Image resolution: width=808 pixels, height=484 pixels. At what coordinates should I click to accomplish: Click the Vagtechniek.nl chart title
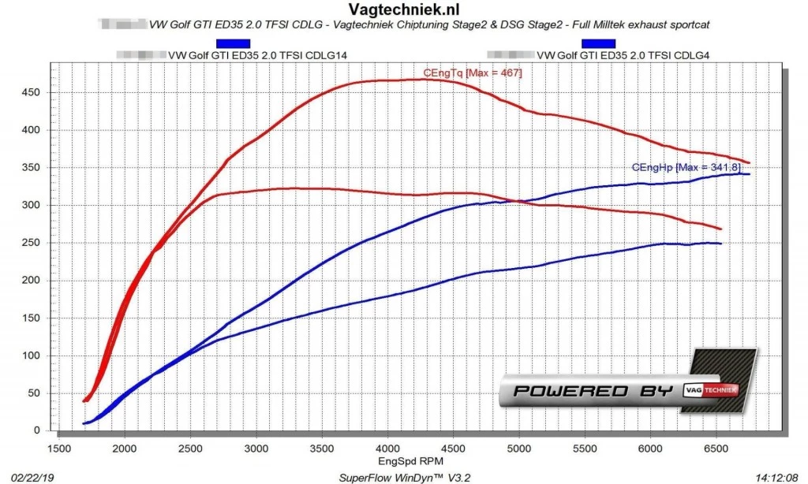click(x=403, y=9)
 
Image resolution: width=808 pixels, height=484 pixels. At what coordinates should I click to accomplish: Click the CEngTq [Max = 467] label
click(x=473, y=73)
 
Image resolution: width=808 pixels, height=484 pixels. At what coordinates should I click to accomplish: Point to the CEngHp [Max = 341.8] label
click(x=686, y=167)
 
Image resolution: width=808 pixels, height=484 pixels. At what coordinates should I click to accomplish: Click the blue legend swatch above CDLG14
click(x=233, y=43)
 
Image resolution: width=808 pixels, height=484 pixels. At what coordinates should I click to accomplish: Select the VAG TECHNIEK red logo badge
click(x=713, y=389)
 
